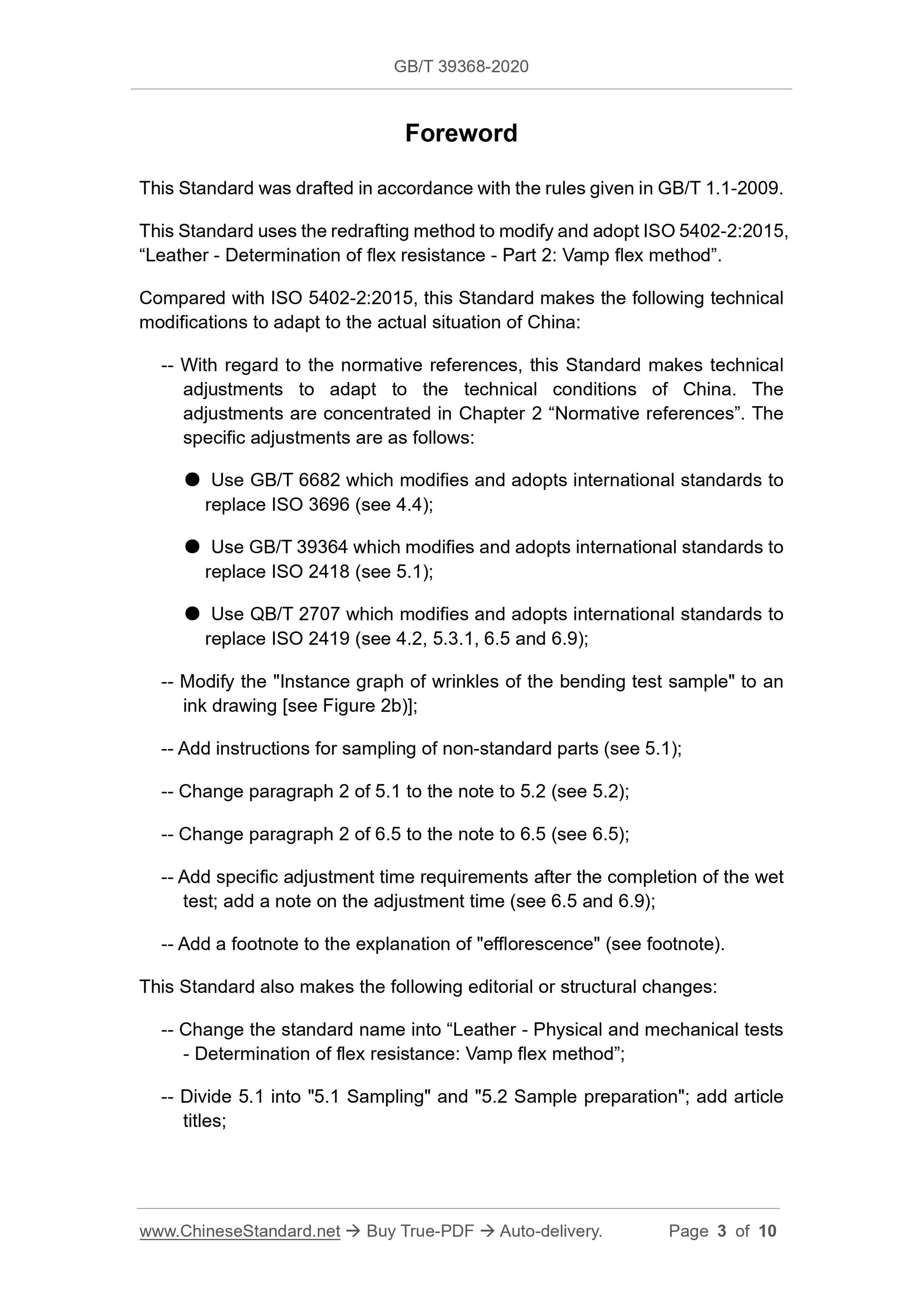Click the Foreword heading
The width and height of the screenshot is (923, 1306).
pos(461,133)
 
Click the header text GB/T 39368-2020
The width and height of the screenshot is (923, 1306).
pos(461,66)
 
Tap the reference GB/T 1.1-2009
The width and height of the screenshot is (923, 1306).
pos(719,188)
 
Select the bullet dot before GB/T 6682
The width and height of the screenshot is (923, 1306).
pos(192,480)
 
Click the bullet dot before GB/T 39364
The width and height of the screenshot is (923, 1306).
pos(192,546)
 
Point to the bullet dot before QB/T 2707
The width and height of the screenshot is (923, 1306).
pos(192,613)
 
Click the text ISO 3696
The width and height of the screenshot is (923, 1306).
pos(311,505)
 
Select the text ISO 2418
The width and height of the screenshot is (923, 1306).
pos(311,572)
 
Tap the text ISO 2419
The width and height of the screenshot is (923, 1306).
pos(311,639)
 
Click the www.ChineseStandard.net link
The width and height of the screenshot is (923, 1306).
pos(240,1231)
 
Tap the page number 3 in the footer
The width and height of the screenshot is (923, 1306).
pos(722,1231)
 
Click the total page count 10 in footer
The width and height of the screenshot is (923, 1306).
pos(767,1231)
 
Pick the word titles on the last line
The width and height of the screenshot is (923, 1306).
pos(203,1121)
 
